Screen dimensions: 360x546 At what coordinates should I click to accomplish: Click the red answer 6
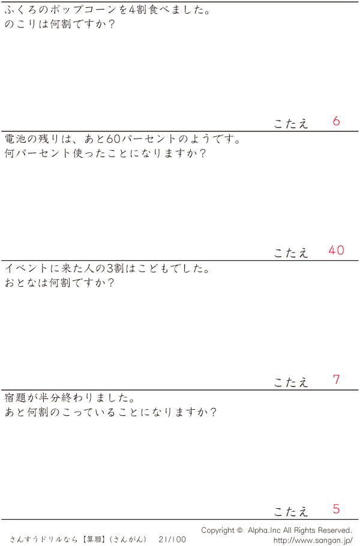click(336, 121)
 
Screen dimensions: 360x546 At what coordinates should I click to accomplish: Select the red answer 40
click(337, 250)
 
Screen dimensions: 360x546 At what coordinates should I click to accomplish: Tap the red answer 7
click(336, 379)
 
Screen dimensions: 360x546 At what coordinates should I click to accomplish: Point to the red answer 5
click(336, 509)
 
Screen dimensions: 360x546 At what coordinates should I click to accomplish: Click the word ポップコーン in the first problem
click(83, 10)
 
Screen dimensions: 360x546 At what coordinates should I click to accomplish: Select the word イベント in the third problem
click(26, 268)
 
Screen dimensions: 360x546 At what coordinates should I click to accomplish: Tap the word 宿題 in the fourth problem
click(16, 397)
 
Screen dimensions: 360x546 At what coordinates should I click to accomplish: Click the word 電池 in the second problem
click(16, 139)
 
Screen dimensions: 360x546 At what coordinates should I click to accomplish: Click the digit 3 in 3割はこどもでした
click(110, 268)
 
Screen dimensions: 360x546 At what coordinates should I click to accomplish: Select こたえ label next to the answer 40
click(291, 253)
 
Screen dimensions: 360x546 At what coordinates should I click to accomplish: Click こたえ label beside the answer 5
click(291, 512)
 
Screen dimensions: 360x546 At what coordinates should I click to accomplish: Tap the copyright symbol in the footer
click(239, 530)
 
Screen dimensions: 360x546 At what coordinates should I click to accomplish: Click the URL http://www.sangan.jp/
click(313, 541)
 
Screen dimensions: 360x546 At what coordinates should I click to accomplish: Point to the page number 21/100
click(172, 539)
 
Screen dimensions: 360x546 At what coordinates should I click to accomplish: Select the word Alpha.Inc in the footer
click(264, 530)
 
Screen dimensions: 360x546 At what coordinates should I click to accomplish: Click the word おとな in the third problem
click(20, 283)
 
